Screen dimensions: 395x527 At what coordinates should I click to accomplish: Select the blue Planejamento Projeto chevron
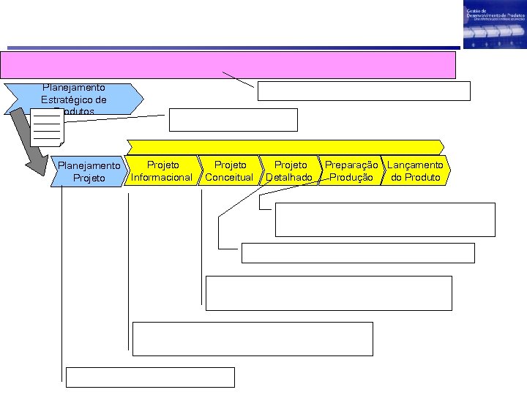88,172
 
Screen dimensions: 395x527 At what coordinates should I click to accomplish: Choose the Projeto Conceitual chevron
229,171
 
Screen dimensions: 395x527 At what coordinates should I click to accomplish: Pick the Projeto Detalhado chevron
290,171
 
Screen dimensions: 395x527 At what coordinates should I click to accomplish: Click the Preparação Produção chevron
351,171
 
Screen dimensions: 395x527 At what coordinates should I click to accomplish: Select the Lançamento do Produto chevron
415,171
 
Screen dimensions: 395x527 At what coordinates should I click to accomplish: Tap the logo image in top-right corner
493,26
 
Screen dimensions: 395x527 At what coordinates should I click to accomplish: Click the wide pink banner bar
228,64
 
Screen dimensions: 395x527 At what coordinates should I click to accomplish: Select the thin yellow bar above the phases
285,146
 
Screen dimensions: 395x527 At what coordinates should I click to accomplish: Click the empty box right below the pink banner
364,91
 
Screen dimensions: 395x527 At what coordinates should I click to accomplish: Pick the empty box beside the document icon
233,119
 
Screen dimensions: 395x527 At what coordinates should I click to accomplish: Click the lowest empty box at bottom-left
150,377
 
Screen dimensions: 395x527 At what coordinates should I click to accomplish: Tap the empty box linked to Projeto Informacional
253,339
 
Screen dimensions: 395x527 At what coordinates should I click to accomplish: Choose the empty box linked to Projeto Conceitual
329,293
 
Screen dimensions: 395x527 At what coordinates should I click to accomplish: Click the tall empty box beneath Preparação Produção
385,219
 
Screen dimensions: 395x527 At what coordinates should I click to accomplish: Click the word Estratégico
73,99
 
